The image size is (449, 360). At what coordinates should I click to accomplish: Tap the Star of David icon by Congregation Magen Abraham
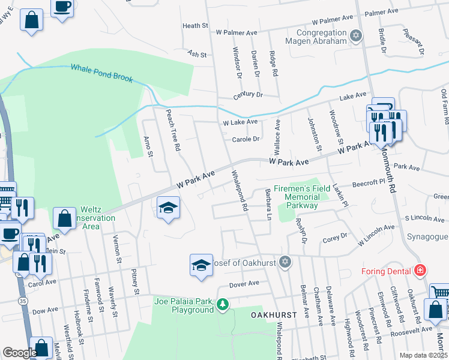click(x=356, y=36)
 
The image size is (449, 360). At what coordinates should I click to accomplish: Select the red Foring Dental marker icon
click(x=420, y=270)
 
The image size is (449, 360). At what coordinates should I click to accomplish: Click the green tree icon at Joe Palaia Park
click(x=223, y=304)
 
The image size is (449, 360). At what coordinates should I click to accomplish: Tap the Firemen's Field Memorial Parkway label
click(x=303, y=197)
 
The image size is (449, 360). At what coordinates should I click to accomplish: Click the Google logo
click(x=20, y=353)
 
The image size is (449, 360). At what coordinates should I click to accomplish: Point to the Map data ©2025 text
click(x=423, y=355)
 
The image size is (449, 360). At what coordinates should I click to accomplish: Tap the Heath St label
click(x=195, y=26)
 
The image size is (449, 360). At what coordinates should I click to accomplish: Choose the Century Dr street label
click(x=248, y=95)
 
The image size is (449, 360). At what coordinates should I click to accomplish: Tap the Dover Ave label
click(x=244, y=283)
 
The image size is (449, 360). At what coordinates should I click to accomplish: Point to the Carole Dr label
click(x=246, y=139)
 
